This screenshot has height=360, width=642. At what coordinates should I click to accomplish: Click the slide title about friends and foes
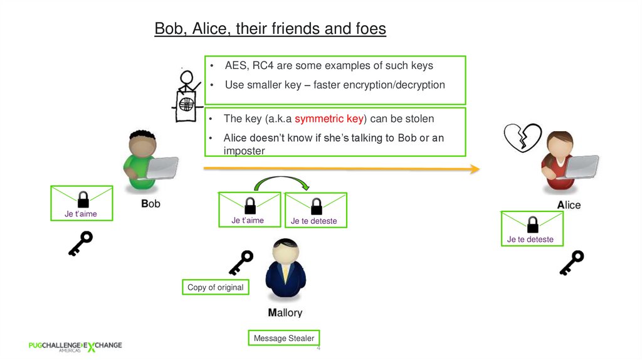pyautogui.click(x=270, y=28)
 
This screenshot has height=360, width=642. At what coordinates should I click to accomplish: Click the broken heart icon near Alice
pyautogui.click(x=522, y=137)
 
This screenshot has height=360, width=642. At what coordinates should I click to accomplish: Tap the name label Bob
pyautogui.click(x=150, y=204)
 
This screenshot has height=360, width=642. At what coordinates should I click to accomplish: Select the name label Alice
pyautogui.click(x=569, y=205)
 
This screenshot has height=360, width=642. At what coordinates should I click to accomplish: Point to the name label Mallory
pyautogui.click(x=285, y=312)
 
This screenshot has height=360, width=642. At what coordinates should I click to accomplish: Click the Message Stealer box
pyautogui.click(x=283, y=338)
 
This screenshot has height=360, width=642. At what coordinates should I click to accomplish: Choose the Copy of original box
pyautogui.click(x=214, y=287)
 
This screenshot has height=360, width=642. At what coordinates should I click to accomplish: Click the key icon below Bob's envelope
pyautogui.click(x=80, y=243)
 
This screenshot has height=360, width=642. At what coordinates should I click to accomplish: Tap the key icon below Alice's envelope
pyautogui.click(x=571, y=262)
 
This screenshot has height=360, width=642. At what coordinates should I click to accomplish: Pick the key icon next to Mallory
pyautogui.click(x=241, y=263)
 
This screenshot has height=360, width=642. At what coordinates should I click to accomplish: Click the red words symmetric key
pyautogui.click(x=329, y=119)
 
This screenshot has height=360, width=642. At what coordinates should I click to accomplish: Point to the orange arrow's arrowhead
pyautogui.click(x=474, y=169)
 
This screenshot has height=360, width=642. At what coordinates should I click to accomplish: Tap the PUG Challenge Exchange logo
pyautogui.click(x=75, y=346)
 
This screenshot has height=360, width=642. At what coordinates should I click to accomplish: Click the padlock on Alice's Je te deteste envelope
pyautogui.click(x=532, y=224)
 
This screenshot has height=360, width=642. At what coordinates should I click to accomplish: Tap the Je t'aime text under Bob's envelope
pyautogui.click(x=81, y=214)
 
